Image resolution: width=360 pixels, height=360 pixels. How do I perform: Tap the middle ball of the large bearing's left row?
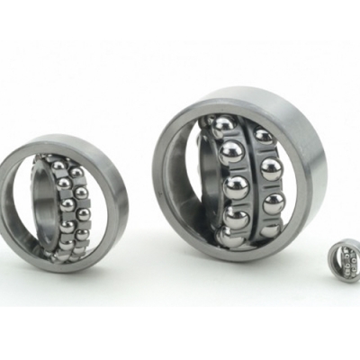(236, 187)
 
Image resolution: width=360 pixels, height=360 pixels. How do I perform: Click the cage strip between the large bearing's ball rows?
(253, 184)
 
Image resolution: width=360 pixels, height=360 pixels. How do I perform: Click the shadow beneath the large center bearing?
(243, 270)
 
